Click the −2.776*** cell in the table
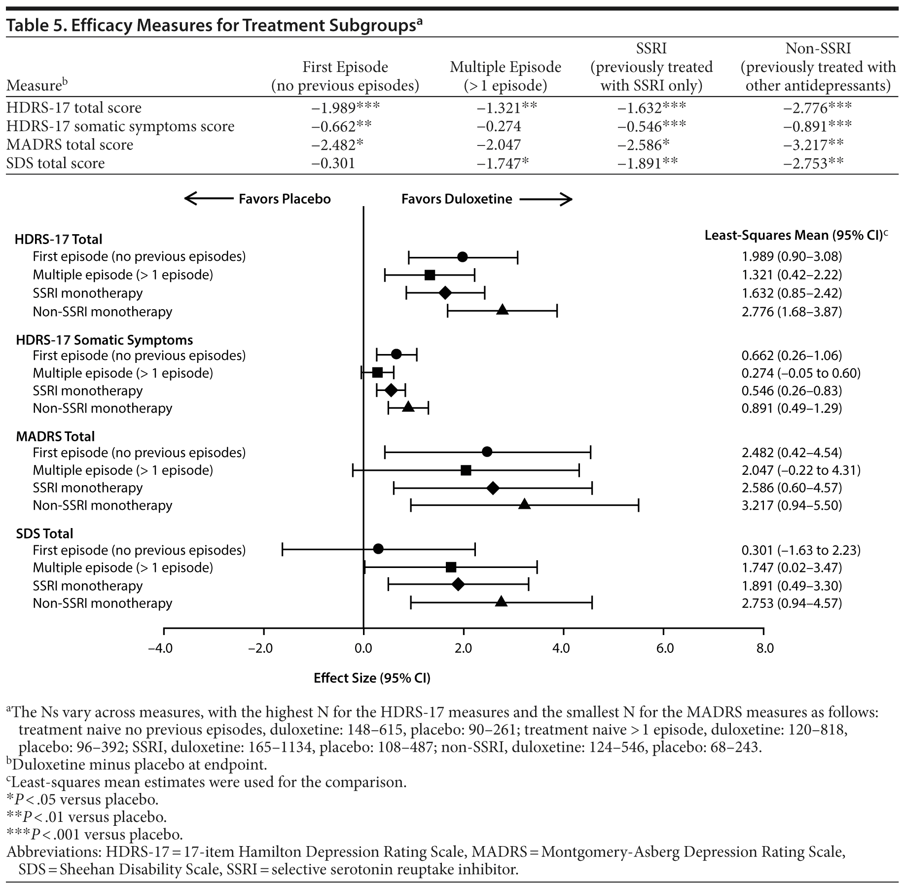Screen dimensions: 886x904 [817, 108]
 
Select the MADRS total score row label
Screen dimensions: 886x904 [70, 145]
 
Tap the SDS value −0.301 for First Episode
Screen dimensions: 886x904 [333, 163]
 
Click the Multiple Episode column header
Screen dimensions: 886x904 [505, 76]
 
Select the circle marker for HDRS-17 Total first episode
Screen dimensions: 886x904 [462, 257]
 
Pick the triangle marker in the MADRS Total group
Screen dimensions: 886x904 [524, 504]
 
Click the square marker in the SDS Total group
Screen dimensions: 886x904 [451, 567]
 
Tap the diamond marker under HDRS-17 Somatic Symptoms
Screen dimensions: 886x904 [391, 390]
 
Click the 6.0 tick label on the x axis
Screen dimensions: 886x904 [664, 648]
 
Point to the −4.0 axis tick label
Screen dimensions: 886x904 [161, 648]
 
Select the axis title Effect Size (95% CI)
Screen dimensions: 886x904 [372, 678]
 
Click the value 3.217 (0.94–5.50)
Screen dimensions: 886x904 [792, 505]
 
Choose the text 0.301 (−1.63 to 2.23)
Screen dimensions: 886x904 [801, 550]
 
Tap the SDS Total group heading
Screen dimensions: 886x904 [44, 533]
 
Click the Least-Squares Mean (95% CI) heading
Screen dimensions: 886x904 [795, 235]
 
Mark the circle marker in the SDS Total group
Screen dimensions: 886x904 [378, 549]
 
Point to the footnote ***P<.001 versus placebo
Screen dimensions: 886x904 [94, 834]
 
